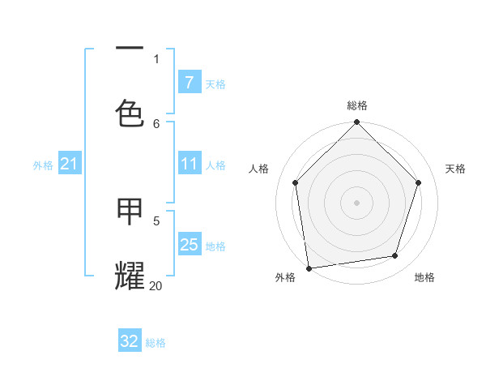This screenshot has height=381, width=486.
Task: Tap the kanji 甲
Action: pos(130,212)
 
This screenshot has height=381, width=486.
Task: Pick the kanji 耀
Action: pos(130,275)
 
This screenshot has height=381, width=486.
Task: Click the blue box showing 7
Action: pos(189,83)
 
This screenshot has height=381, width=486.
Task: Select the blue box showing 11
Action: pos(189,165)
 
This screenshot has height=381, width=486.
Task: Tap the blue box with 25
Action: pos(189,245)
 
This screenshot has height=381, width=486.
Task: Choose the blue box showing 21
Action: pos(69,165)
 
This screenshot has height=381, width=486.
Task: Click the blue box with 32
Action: pos(130,341)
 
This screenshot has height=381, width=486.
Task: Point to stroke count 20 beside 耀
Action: pos(156,285)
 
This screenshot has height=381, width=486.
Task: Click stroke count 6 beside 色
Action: pos(156,123)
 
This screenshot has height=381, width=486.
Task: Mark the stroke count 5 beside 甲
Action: pos(156,220)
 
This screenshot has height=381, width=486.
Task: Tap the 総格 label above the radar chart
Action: pos(357,105)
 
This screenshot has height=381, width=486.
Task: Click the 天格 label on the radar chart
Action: pos(456,169)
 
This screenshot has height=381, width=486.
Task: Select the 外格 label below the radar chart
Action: pos(285,277)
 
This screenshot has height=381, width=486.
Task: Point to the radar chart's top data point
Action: pos(357,123)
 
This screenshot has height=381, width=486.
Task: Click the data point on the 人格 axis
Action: pos(296,182)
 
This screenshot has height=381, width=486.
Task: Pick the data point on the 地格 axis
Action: pos(395,256)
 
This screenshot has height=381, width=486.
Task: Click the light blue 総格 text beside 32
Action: pos(156,343)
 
